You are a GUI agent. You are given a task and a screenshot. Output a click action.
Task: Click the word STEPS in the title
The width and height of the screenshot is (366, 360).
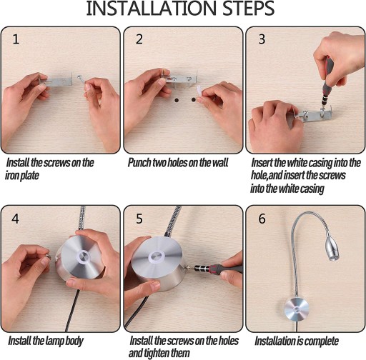coord(249,9)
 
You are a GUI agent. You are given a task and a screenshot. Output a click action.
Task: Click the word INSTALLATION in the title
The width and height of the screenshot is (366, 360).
coord(152,9)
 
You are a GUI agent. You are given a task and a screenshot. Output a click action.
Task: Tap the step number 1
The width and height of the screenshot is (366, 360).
coord(16,39)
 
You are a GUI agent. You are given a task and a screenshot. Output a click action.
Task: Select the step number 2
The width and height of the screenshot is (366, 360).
coord(139,39)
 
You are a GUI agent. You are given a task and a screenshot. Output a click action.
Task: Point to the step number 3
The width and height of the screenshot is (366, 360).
coord(262,39)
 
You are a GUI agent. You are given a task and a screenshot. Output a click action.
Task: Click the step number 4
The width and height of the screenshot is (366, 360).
coord(15,219)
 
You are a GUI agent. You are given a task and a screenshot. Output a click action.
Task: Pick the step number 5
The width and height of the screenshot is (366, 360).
coord(139,219)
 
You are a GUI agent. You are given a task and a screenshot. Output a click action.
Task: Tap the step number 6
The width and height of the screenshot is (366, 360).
coord(262,219)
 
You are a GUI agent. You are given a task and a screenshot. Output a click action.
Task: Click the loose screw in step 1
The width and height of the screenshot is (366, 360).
coord(80,78)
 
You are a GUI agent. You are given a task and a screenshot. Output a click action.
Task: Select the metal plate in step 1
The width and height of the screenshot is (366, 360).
coord(59,79)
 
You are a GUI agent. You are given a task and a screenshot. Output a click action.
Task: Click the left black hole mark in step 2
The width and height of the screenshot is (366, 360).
coord(177,100)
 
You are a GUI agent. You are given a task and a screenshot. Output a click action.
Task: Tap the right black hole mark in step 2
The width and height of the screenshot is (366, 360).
coord(194,100)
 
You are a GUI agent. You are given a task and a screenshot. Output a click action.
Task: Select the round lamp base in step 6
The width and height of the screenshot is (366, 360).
coord(297,310)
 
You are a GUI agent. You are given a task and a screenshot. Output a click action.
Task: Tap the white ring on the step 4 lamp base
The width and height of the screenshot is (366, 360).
coord(84,257)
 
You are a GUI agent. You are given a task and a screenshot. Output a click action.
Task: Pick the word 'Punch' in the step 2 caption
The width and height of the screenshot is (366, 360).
coord(139,163)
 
